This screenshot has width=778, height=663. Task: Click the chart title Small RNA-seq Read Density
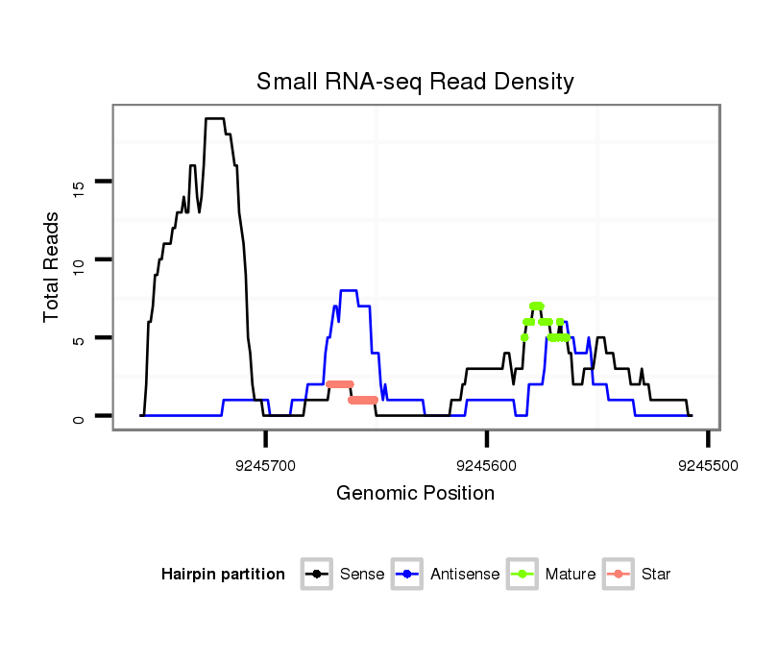(x=415, y=82)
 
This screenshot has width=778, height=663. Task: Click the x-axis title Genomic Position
(x=415, y=494)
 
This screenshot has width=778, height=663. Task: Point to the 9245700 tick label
(x=266, y=465)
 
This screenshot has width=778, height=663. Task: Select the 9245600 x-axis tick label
(x=487, y=465)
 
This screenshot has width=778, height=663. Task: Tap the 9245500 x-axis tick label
(x=708, y=465)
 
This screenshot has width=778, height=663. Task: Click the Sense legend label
(x=362, y=575)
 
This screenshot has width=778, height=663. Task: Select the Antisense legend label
(x=464, y=575)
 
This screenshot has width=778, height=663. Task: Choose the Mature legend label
(x=570, y=575)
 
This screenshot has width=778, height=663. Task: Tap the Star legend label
(x=656, y=575)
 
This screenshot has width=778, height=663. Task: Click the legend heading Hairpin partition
(x=223, y=575)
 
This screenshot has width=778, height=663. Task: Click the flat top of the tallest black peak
(x=214, y=119)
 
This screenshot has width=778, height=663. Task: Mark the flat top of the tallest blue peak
(x=349, y=290)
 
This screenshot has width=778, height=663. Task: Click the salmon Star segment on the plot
(x=340, y=384)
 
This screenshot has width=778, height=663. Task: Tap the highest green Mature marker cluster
(x=536, y=306)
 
